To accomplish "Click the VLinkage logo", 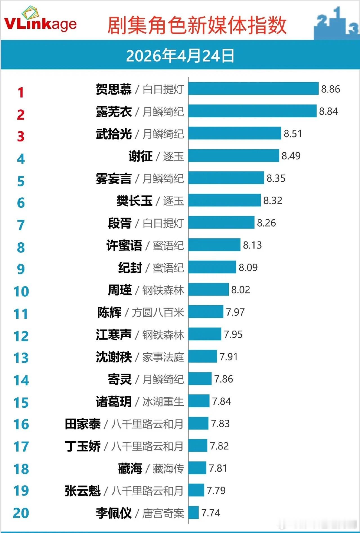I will (x=40, y=21).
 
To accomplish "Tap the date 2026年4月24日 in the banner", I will (x=180, y=56).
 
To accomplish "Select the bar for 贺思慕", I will (x=253, y=89).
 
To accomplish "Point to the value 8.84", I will (x=328, y=111).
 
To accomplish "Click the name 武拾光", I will (x=114, y=134).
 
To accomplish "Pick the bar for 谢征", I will (x=234, y=156).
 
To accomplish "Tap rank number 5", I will (x=21, y=181).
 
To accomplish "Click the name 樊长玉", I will (x=134, y=201).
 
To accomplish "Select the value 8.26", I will (x=266, y=223).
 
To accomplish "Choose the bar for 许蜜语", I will (x=215, y=245).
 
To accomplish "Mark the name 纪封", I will (x=130, y=268).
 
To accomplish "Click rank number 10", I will (x=21, y=292).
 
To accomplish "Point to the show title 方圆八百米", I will (x=158, y=313).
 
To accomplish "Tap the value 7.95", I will (x=233, y=335).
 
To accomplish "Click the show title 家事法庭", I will (x=163, y=357).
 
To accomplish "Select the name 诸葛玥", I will (x=114, y=402).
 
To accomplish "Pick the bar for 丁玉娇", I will (x=198, y=446).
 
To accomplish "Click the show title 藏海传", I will (x=168, y=469).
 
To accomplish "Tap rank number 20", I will (x=21, y=513).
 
